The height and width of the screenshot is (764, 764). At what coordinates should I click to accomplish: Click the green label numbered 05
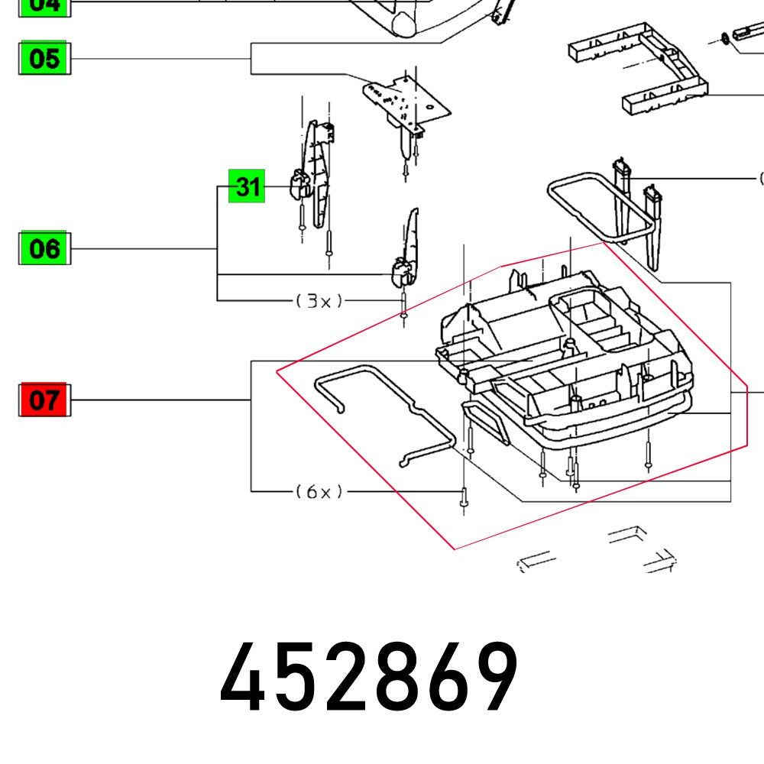(x=44, y=59)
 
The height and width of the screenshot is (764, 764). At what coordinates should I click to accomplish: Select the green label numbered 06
(x=44, y=249)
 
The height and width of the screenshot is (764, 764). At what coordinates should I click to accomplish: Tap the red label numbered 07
(x=44, y=400)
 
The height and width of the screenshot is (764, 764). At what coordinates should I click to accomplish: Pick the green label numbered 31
(x=247, y=186)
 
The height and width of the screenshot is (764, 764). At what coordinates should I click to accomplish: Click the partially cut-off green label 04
(x=44, y=6)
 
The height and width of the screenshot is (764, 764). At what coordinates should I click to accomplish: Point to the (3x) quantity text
(x=319, y=301)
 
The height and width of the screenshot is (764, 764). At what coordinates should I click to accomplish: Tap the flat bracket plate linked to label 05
(x=405, y=99)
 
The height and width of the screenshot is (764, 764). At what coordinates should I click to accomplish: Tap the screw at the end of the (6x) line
(x=463, y=500)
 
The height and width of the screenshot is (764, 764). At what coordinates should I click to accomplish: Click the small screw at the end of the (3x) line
(x=403, y=313)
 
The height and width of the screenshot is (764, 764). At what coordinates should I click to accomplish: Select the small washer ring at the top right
(x=722, y=37)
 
